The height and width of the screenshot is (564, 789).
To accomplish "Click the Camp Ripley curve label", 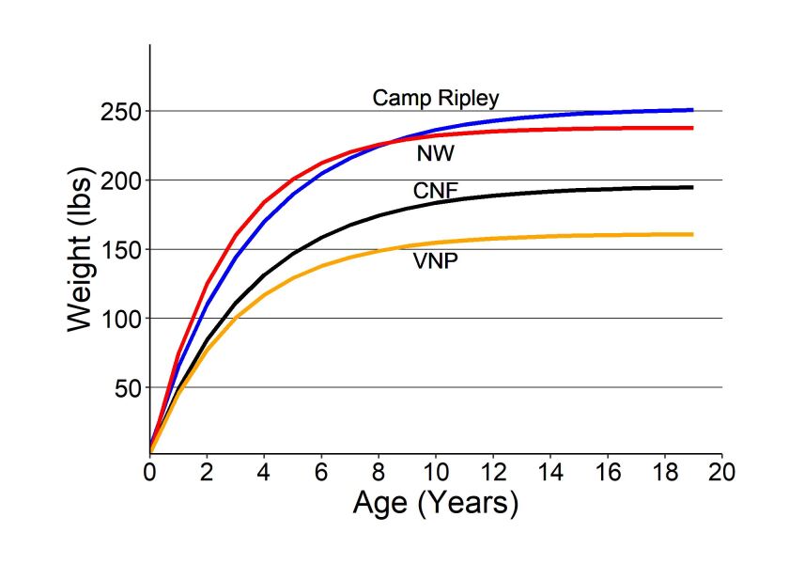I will pos(436,98).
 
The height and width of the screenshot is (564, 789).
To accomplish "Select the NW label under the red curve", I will pos(435,154).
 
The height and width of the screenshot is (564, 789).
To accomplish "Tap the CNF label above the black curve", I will pos(436,192).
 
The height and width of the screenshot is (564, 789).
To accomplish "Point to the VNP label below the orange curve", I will pos(436,262).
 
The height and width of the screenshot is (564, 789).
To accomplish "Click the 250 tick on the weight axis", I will pos(122,112).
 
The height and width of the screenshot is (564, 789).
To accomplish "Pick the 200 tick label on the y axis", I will pos(122,180).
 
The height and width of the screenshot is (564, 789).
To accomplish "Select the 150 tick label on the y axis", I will pos(122,250).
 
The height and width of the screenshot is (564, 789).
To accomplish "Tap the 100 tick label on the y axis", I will pos(122,319).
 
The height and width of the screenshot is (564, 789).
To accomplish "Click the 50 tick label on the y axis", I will pos(128,387).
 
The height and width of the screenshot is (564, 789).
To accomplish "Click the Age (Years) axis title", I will pos(436,504).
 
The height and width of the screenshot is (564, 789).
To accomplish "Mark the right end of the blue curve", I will pos(692,110).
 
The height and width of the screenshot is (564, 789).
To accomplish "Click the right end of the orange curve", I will pos(692,234).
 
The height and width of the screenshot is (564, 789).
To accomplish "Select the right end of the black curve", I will pos(692,187).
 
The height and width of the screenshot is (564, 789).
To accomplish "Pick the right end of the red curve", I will pos(692,128).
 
